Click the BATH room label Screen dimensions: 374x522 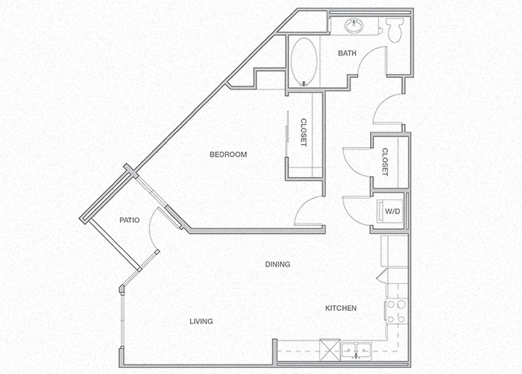tap(347, 54)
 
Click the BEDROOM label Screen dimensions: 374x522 tap(228, 154)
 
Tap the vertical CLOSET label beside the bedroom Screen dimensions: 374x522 tap(303, 132)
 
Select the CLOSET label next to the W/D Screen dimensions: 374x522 tap(385, 162)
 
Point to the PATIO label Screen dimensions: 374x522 tap(129, 221)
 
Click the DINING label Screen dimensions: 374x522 tap(277, 264)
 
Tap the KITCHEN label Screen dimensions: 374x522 tap(340, 309)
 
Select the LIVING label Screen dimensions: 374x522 tap(200, 321)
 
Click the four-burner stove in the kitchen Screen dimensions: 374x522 tap(396, 311)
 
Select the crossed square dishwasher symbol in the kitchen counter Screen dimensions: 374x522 tap(330, 348)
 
